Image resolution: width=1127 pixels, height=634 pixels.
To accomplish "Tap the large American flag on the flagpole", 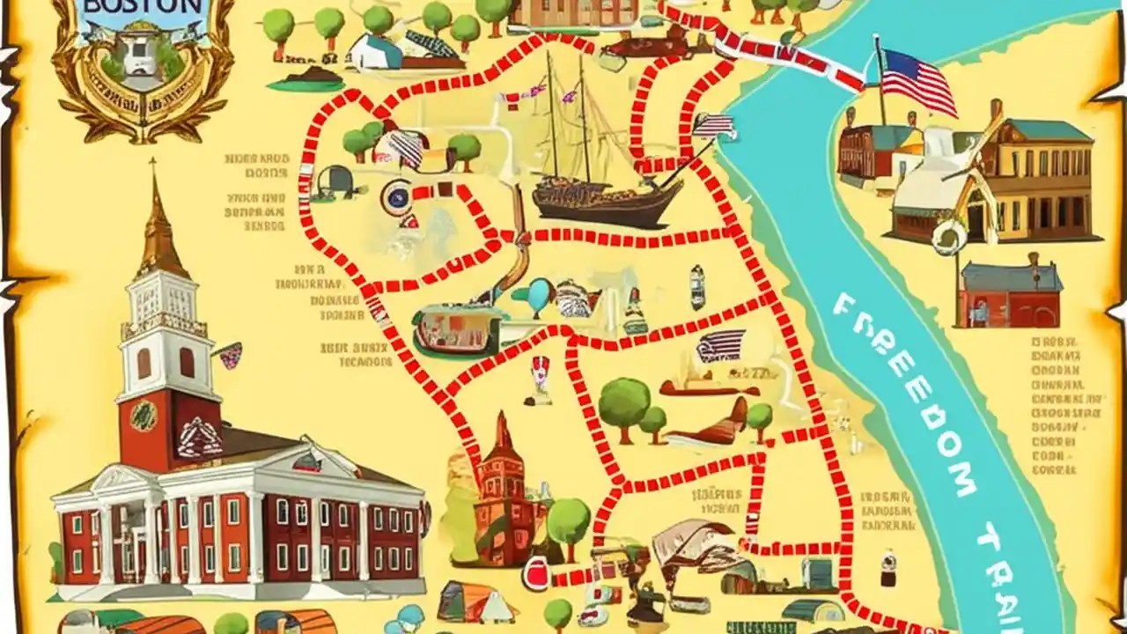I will (x=917, y=81).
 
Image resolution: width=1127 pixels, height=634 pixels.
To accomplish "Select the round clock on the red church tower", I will (x=144, y=414).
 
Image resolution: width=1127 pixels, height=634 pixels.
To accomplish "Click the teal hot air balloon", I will (x=541, y=295).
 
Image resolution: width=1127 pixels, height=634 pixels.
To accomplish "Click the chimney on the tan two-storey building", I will (x=996, y=110).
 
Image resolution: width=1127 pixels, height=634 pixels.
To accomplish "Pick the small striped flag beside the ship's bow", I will (x=715, y=125).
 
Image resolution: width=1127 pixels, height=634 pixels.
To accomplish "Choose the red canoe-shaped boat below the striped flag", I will (x=710, y=388).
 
